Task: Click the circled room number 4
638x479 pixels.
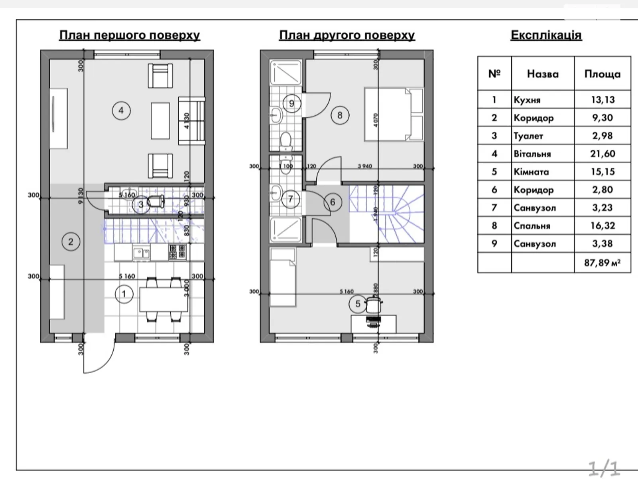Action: tap(121, 110)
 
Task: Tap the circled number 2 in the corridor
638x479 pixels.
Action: tap(71, 241)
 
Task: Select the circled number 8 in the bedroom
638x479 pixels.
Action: tap(340, 115)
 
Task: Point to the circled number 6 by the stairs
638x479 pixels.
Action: tap(333, 202)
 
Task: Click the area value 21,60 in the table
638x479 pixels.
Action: tap(602, 154)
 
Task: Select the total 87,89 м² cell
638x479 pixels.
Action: tap(602, 263)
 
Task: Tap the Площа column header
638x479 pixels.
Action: tap(602, 74)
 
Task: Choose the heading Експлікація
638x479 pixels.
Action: tap(546, 35)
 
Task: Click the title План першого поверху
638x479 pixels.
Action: tap(129, 35)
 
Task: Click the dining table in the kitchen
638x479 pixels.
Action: tap(163, 299)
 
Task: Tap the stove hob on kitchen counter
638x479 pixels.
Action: tap(177, 252)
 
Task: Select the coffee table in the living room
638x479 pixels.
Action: tap(160, 121)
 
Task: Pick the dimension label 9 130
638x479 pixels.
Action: tap(81, 196)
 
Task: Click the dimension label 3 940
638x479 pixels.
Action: tap(365, 166)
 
